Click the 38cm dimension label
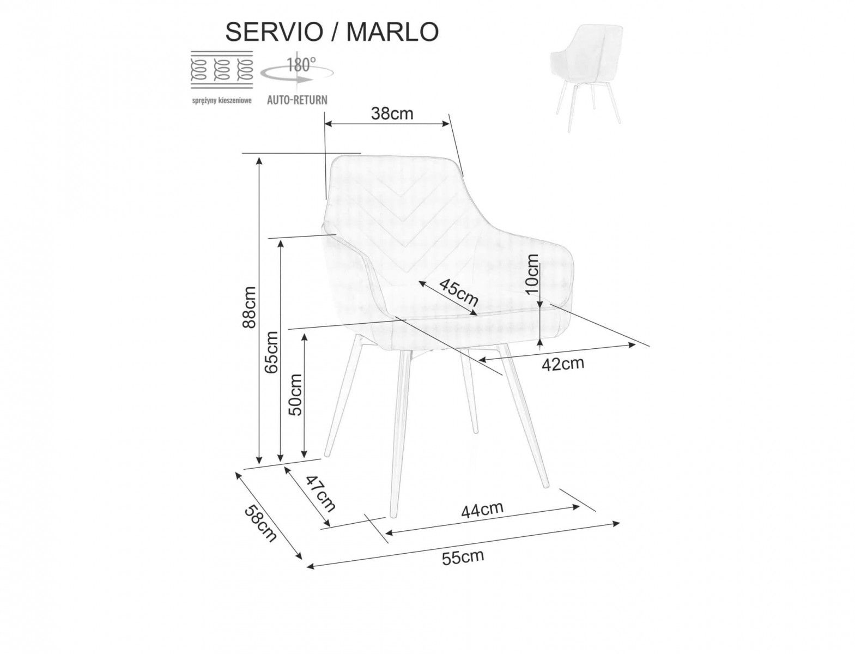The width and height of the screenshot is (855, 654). click(392, 114)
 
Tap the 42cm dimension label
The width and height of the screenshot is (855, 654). click(563, 363)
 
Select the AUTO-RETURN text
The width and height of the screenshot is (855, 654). click(297, 100)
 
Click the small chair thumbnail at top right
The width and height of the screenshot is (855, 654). click(586, 77)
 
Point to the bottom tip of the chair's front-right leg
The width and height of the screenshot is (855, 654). click(546, 486)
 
